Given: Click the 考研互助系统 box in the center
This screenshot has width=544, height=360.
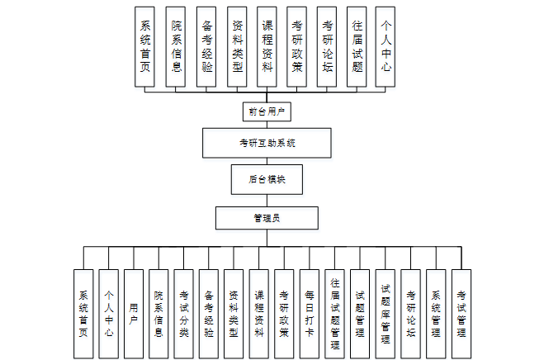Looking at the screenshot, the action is click(267, 143).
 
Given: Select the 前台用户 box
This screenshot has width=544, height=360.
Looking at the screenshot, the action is click(267, 111).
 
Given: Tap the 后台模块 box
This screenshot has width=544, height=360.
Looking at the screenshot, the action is click(267, 179).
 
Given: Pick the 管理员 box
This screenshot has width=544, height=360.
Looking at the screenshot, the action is click(267, 218).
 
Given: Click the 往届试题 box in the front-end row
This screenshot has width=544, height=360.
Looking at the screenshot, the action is click(357, 46).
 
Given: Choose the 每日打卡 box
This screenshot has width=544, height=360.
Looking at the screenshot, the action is click(309, 314).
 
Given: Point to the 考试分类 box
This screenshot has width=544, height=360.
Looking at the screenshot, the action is click(183, 314).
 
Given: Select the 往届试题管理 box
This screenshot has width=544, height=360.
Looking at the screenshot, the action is click(334, 314).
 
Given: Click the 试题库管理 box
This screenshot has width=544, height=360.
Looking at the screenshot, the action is click(386, 314).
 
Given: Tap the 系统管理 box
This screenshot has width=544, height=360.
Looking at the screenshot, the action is click(436, 314).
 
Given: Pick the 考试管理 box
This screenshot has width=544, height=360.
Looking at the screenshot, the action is click(461, 314).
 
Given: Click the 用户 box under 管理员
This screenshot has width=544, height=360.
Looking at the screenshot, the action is click(134, 314).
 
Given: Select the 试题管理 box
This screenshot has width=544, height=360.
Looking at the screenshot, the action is click(360, 314).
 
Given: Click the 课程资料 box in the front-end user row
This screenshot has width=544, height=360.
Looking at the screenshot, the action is click(267, 46).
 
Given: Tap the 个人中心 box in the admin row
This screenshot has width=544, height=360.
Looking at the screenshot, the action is click(109, 314).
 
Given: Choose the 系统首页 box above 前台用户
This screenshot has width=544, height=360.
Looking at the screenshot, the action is click(144, 46).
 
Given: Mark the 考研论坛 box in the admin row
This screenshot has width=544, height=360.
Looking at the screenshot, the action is click(410, 314).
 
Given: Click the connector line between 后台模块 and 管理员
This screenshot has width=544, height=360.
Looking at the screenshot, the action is click(267, 201).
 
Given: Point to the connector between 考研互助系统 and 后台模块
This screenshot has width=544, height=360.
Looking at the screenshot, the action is click(267, 162).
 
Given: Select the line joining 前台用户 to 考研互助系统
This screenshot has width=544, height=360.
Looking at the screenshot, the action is click(267, 125).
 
